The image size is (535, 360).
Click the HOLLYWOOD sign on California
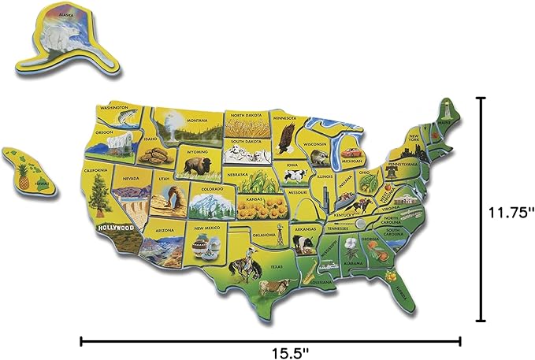[115, 228]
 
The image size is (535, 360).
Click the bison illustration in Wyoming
[193, 165]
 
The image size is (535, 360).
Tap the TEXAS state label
[277, 267]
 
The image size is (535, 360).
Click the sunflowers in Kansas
[271, 209]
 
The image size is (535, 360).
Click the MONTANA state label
[196, 120]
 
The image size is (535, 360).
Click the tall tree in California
[99, 191]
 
